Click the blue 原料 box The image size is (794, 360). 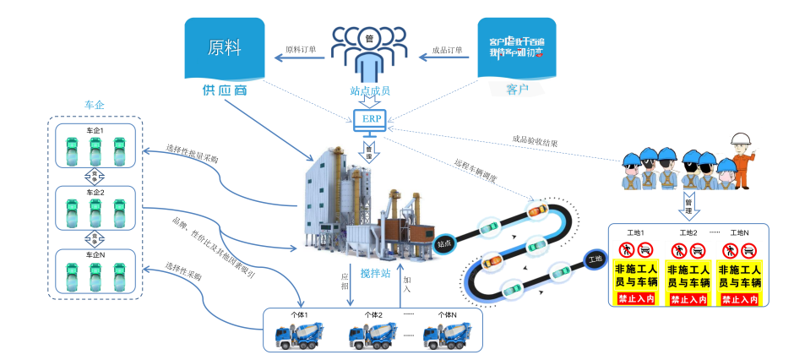coord(219,49)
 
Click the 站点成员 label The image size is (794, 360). coord(370,90)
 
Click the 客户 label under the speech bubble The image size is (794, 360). coord(517,88)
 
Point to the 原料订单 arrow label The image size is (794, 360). coord(301,50)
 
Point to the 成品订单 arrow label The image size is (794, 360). coord(447,50)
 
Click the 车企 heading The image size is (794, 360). coord(94,105)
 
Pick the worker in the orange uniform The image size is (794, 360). coord(742,165)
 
